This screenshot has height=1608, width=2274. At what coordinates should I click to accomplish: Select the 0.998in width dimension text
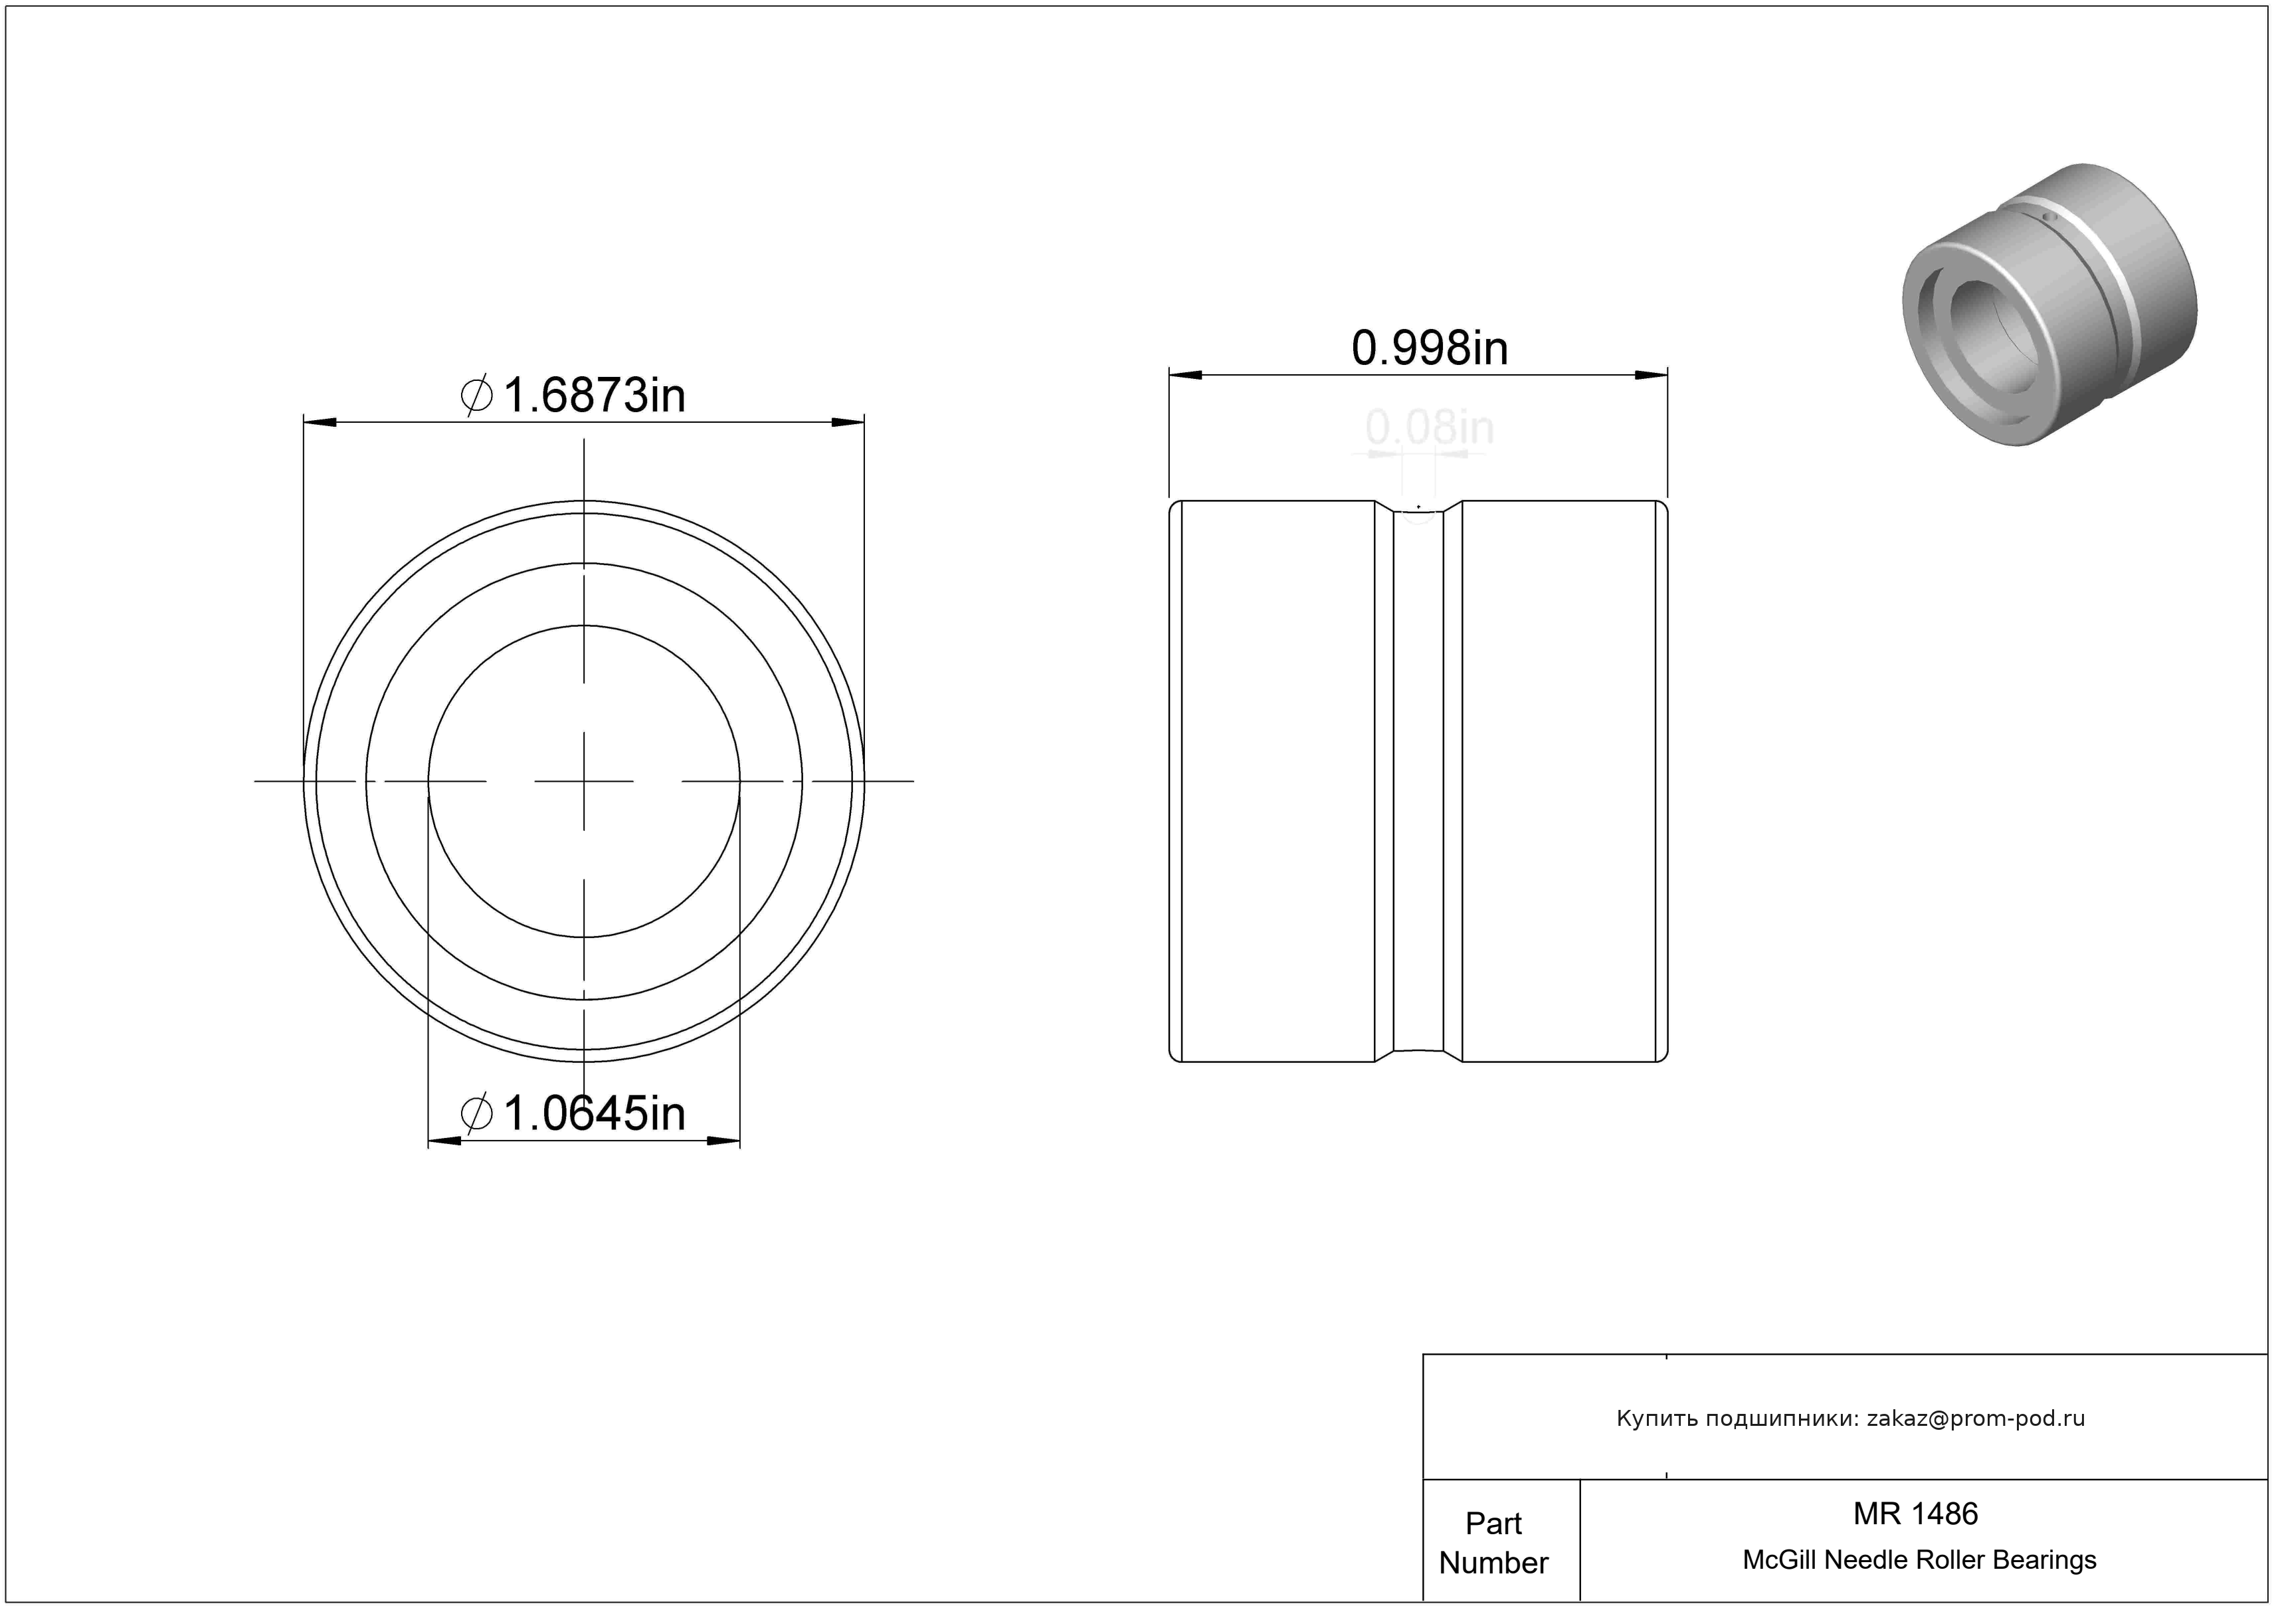pos(1429,349)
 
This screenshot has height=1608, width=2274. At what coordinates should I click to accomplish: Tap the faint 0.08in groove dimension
pos(1429,428)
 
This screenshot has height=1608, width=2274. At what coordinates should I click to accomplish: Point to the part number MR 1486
pos(1915,1514)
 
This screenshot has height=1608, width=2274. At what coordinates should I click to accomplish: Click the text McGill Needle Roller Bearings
pos(1919,1560)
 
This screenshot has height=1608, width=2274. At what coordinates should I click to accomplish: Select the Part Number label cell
pos(1493,1543)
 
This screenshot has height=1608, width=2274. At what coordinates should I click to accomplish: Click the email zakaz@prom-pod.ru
pos(1976,1419)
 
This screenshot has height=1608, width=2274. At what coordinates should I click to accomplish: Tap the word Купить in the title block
pos(1651,1419)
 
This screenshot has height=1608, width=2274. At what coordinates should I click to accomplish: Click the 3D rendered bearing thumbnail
pos(2050,304)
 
